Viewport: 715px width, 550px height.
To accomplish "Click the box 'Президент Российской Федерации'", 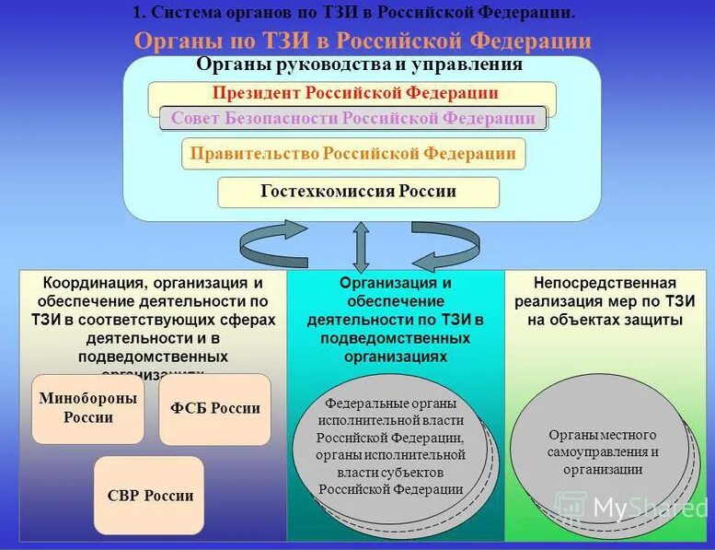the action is [x=352, y=93].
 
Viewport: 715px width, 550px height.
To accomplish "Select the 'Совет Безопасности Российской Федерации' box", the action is [x=352, y=119].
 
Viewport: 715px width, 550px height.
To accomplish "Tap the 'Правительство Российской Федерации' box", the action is [x=352, y=154].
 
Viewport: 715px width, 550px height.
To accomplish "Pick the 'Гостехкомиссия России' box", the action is [x=358, y=193].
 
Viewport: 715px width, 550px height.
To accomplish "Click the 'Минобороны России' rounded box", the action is [x=88, y=408].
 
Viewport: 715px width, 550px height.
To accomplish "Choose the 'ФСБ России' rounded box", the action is [x=215, y=409].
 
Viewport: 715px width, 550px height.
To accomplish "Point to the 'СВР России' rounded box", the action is [x=149, y=496].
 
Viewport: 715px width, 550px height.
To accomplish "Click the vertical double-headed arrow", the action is [x=361, y=246].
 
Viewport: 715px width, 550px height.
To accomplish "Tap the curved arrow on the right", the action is [x=445, y=243].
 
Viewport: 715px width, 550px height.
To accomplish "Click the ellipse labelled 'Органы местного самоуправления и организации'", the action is [x=602, y=451].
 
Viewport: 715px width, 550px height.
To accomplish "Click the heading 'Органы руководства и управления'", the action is [x=359, y=65].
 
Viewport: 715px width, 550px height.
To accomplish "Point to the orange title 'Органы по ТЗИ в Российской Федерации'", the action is [x=363, y=41].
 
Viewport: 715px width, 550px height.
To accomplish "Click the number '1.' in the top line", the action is [x=139, y=13].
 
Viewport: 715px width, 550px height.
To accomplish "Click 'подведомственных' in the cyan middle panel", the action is [x=395, y=338].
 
